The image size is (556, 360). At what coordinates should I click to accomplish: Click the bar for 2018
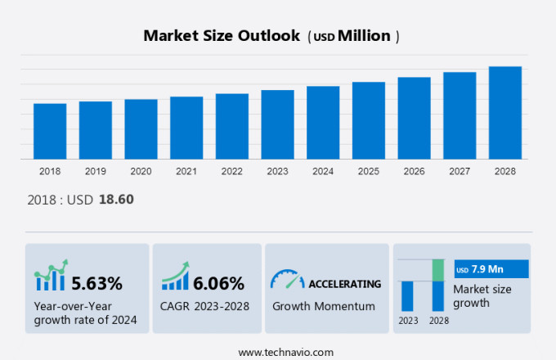click(50, 131)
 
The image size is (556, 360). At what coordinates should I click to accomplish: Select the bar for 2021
click(186, 128)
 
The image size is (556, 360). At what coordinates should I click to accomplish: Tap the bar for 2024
click(323, 122)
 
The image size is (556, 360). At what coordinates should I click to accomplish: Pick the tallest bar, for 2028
click(505, 112)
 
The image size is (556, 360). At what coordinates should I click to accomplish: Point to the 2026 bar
click(414, 118)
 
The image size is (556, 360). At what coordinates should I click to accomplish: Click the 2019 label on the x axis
click(95, 172)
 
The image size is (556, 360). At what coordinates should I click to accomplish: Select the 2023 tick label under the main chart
click(277, 172)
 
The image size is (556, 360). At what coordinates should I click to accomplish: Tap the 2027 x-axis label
click(460, 172)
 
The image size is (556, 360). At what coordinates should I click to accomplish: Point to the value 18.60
click(116, 199)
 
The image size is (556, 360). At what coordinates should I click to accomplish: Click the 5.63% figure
click(96, 284)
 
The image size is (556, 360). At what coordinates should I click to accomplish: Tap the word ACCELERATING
click(344, 284)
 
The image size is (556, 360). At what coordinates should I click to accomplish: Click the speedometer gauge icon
click(286, 281)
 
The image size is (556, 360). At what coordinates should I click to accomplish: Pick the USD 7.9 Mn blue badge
click(491, 269)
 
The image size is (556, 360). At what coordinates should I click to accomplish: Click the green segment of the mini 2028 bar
click(438, 270)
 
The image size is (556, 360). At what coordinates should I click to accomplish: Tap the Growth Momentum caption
click(323, 306)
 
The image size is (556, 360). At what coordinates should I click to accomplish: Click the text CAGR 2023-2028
click(205, 306)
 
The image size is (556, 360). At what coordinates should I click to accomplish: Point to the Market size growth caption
click(482, 295)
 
